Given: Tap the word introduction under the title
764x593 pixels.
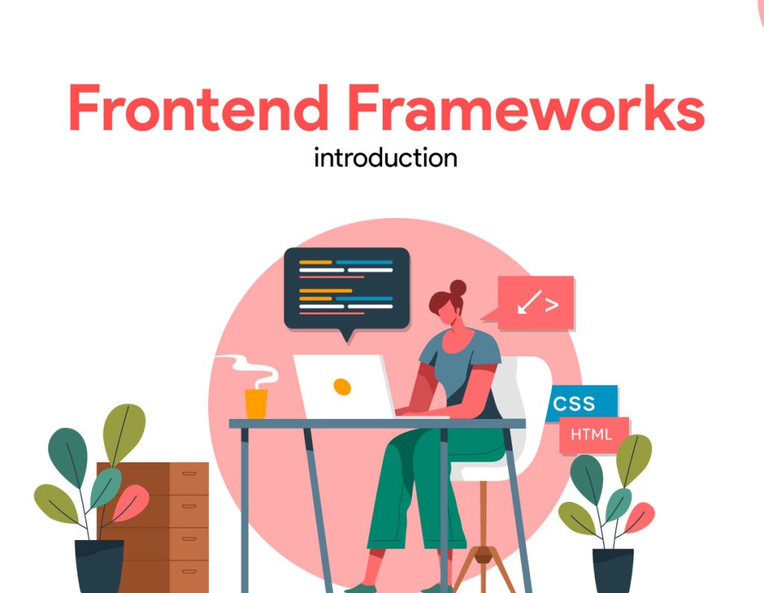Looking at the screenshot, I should tap(385, 158).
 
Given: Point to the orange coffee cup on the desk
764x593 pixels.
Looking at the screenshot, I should tap(256, 403).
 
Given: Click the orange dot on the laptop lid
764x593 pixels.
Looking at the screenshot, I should tap(342, 386).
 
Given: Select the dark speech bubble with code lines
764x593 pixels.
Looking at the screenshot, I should tap(347, 288).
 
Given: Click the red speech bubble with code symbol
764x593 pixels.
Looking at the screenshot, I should tap(536, 302).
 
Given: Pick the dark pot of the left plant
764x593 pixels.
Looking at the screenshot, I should tap(99, 566).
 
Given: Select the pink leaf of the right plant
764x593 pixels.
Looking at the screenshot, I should tap(641, 515).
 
